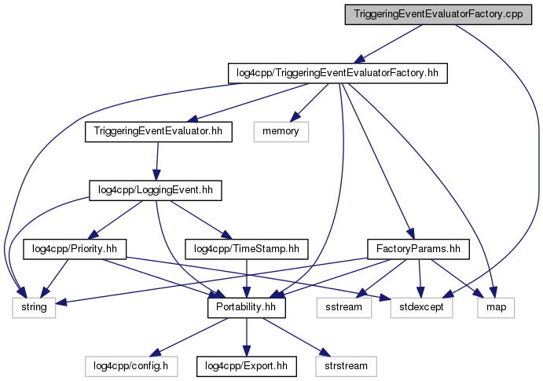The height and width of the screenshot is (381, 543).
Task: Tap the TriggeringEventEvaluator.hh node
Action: coord(159,131)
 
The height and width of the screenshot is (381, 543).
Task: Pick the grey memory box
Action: coord(281,131)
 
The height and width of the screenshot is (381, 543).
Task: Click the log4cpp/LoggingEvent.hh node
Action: coord(155,189)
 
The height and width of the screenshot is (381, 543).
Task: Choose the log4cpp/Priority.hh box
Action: coord(75,248)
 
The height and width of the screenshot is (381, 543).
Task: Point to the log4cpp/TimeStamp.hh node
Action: coord(248,248)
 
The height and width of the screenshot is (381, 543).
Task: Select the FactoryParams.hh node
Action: coord(418,248)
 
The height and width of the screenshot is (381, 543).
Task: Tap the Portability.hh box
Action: coord(246,307)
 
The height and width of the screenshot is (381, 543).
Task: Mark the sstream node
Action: coord(344,307)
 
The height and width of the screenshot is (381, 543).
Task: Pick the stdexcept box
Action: coord(423,307)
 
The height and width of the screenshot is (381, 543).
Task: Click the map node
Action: coord(495,307)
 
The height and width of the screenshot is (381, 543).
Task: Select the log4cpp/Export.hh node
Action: coord(246,365)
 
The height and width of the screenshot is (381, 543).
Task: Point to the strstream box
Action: coord(345,365)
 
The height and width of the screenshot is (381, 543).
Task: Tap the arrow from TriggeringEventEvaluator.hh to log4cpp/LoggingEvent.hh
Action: coord(157,160)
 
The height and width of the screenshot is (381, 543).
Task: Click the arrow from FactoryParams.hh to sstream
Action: coord(383,277)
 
